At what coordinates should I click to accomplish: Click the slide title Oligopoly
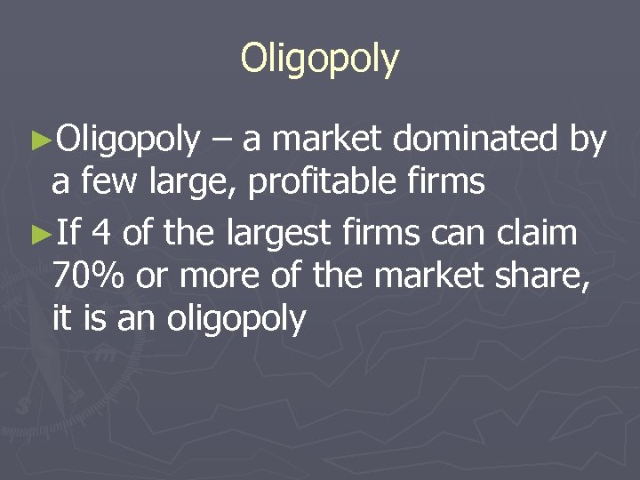(320, 59)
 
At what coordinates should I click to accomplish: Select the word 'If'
(67, 234)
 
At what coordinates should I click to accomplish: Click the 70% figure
(88, 276)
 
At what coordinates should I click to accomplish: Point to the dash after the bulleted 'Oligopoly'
(220, 140)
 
